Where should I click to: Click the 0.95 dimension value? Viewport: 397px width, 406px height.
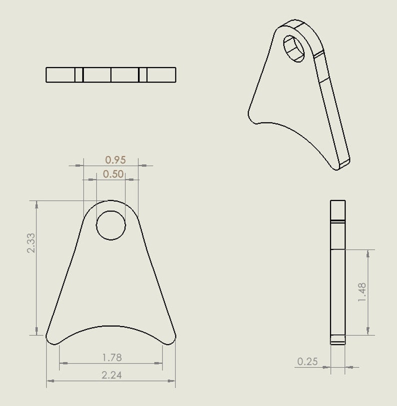115,160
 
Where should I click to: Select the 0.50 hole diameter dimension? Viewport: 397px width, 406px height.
113,174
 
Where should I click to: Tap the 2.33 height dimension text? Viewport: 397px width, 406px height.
31,243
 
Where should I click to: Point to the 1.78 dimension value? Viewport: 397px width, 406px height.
111,357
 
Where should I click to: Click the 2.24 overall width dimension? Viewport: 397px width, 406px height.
112,375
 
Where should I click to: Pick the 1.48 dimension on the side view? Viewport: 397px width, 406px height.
362,292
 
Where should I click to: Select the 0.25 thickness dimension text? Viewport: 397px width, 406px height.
307,361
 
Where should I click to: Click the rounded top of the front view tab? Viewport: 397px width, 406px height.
111,201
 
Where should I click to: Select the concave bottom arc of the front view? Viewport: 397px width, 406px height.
111,327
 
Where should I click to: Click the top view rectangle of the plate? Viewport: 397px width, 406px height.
111,74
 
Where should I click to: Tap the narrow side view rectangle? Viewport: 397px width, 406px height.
338,272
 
